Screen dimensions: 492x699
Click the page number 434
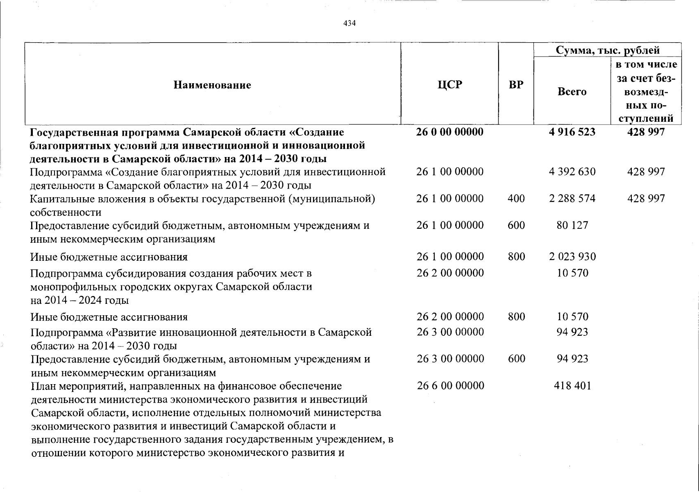tap(349, 23)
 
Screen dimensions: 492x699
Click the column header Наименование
tap(212, 85)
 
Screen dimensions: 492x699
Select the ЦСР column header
tap(449, 84)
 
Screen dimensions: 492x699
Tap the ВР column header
tap(516, 84)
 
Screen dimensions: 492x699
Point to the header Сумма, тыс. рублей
tap(607, 50)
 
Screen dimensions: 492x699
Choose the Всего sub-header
tap(572, 91)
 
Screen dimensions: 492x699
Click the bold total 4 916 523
tap(572, 132)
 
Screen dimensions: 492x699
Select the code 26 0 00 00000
tap(449, 132)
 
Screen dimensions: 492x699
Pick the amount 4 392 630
tap(572, 172)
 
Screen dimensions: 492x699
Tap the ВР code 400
tap(516, 198)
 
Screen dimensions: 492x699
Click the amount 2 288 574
tap(572, 198)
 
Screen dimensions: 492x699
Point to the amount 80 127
tap(572, 225)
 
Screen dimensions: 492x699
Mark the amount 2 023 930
tap(572, 257)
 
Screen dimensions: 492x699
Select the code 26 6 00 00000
tap(450, 386)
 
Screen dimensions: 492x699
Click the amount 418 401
tap(572, 386)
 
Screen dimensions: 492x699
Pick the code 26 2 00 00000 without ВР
tap(450, 273)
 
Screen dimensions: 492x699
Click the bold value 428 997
tap(646, 132)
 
